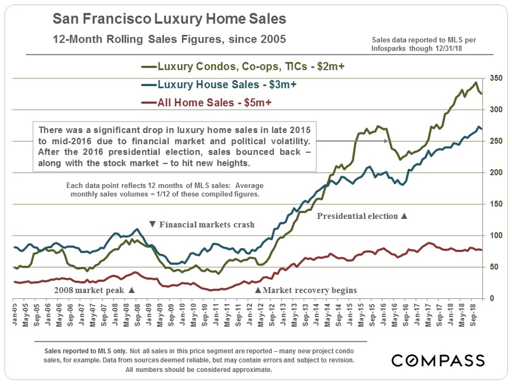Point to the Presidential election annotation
tap(362, 216)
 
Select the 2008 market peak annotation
tap(94, 290)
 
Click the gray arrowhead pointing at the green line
tap(387, 141)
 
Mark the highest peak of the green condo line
tap(476, 82)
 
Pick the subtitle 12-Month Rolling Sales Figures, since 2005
tap(169, 39)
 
